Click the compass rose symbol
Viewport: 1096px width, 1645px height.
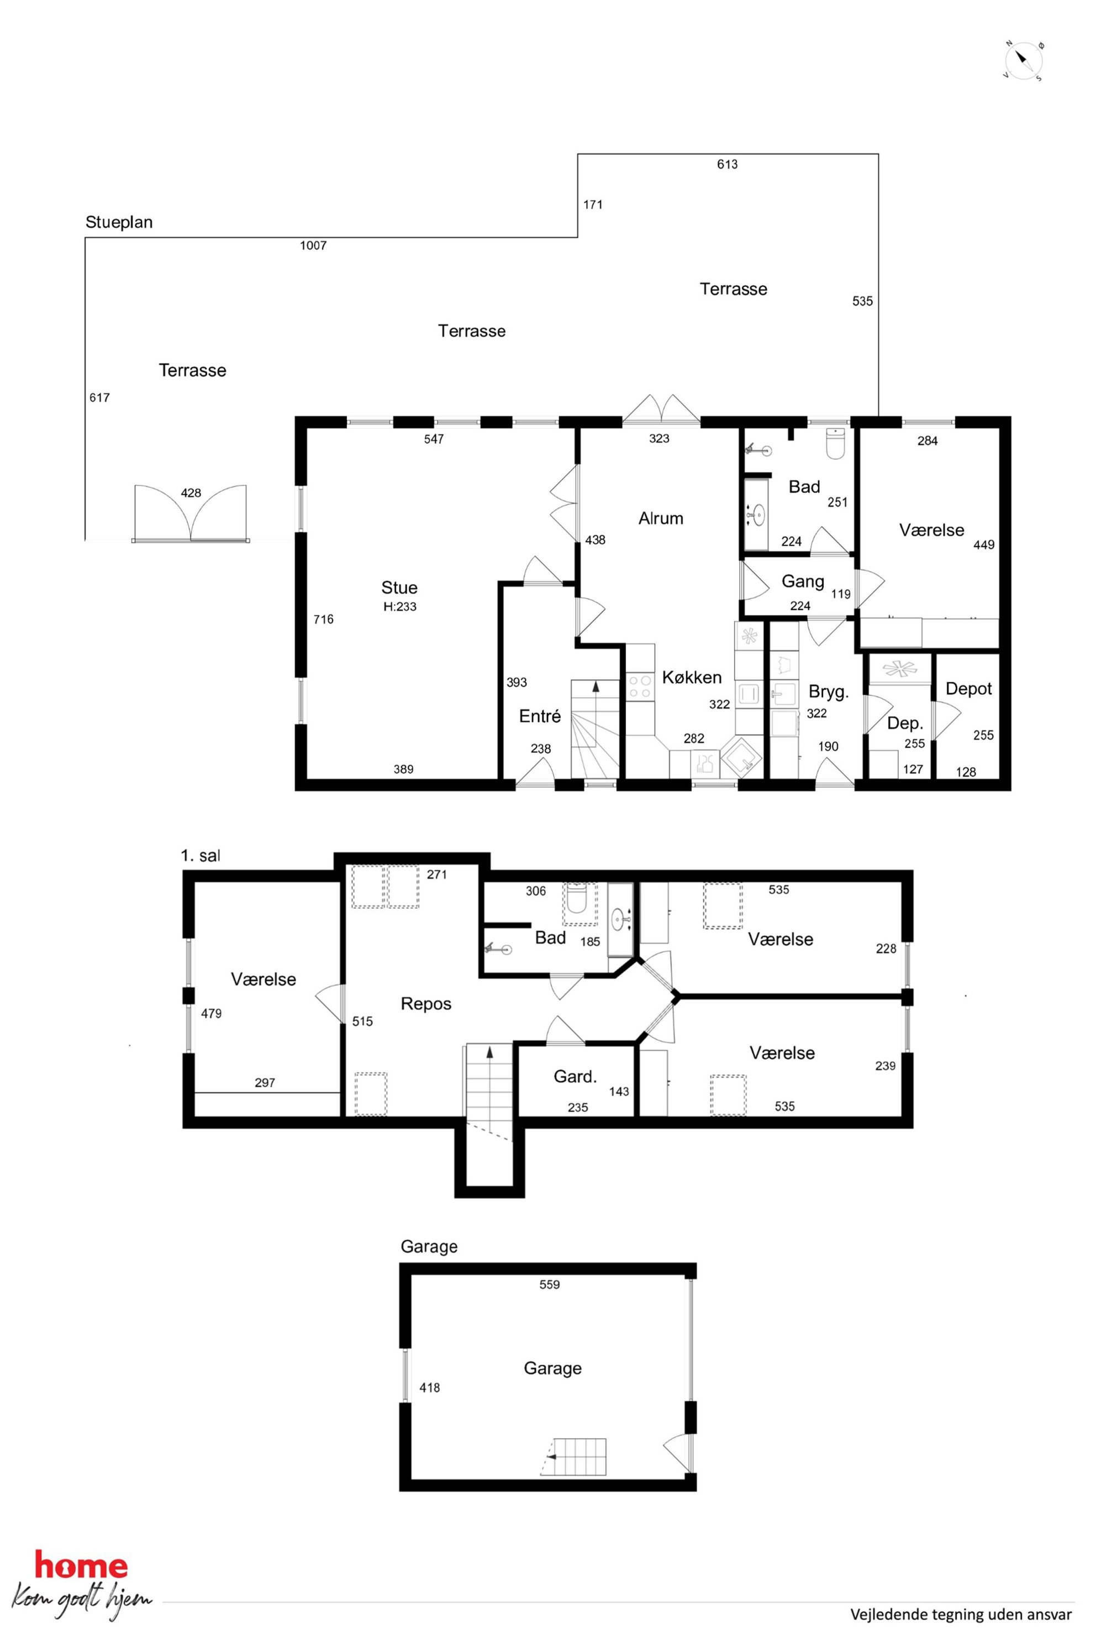point(1024,61)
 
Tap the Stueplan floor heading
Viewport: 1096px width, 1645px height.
point(119,222)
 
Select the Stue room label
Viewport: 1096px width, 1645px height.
point(399,588)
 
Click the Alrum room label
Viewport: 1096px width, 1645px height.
point(661,518)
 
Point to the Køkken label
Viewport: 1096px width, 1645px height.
point(691,677)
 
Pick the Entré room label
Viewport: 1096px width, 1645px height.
point(540,716)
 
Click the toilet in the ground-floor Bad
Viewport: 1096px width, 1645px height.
point(835,443)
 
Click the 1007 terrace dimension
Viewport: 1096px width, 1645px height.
point(313,245)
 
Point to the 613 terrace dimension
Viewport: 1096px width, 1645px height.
point(727,164)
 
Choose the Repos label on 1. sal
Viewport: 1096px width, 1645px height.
point(426,1004)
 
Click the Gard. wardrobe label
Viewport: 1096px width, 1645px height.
point(575,1076)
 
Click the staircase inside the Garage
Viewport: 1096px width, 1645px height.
point(574,1457)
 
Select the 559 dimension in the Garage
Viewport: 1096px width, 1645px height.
point(550,1285)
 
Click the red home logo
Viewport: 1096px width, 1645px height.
point(81,1567)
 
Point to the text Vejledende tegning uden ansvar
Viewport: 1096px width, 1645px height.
point(961,1614)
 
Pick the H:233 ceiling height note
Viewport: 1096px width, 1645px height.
point(400,607)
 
